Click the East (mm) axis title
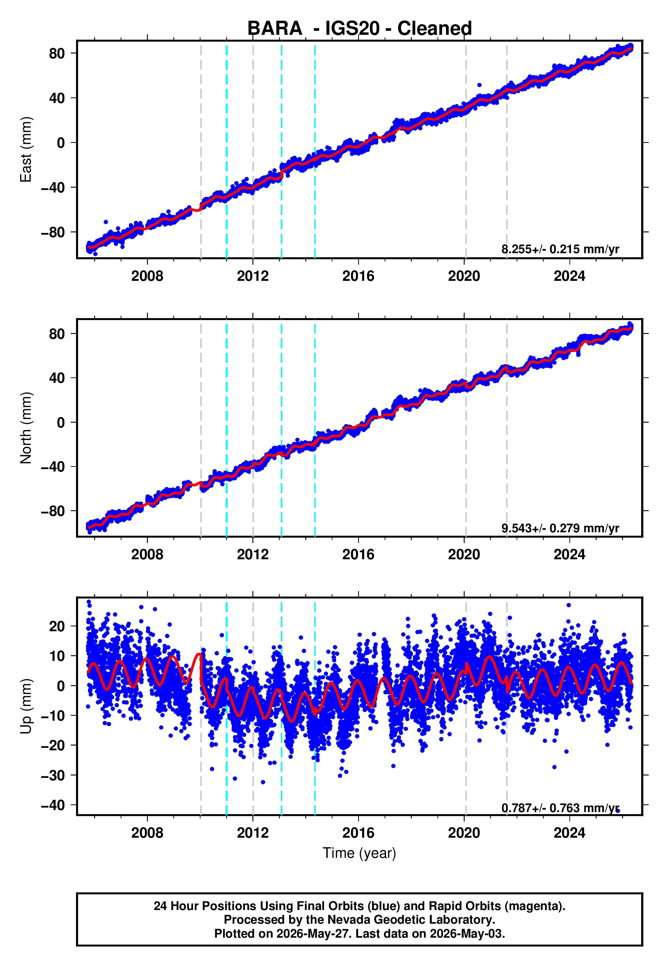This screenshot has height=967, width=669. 26,149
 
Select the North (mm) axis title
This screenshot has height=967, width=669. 26,428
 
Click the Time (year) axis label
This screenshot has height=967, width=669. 359,853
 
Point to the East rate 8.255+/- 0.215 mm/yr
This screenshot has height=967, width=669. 560,249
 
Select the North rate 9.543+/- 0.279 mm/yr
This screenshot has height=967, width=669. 560,528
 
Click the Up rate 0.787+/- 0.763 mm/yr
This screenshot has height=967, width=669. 560,808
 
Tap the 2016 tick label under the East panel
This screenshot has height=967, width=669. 358,276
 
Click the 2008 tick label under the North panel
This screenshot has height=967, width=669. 147,554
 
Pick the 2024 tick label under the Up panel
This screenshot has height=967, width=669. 569,833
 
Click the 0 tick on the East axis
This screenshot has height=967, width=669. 61,143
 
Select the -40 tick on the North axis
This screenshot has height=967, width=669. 53,467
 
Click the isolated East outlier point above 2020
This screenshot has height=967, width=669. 479,85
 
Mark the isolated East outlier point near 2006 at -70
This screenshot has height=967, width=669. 106,222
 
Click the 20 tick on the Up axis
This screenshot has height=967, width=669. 57,626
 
